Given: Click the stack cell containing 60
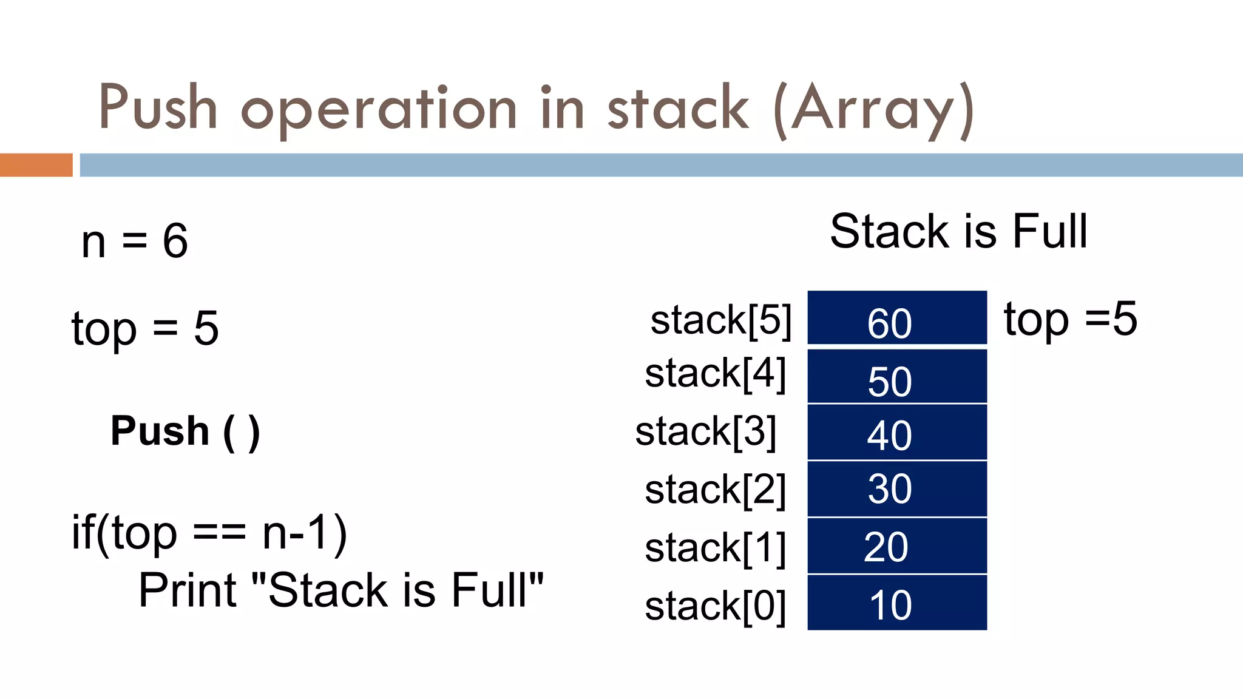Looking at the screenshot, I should click(896, 318).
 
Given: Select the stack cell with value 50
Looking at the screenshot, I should click(896, 376).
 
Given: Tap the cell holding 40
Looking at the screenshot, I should click(896, 432).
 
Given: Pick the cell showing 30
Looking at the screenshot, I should click(896, 489).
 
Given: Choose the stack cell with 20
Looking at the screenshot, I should click(896, 546).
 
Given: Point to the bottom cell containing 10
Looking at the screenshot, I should click(896, 603).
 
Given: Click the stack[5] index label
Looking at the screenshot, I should click(720, 320).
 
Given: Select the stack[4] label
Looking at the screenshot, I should click(715, 374).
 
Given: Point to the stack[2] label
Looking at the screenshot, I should click(715, 490).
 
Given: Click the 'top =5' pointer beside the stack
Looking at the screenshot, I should click(1070, 319).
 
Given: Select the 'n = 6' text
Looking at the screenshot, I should click(135, 241).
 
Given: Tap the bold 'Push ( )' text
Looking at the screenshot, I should click(185, 431).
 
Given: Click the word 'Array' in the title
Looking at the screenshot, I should click(874, 109).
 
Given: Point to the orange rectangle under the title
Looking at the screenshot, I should click(36, 165).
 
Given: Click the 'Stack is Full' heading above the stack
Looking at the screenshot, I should click(958, 231).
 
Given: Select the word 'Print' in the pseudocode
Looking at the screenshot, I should click(188, 590).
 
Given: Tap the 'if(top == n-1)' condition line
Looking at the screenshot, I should click(209, 533).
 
